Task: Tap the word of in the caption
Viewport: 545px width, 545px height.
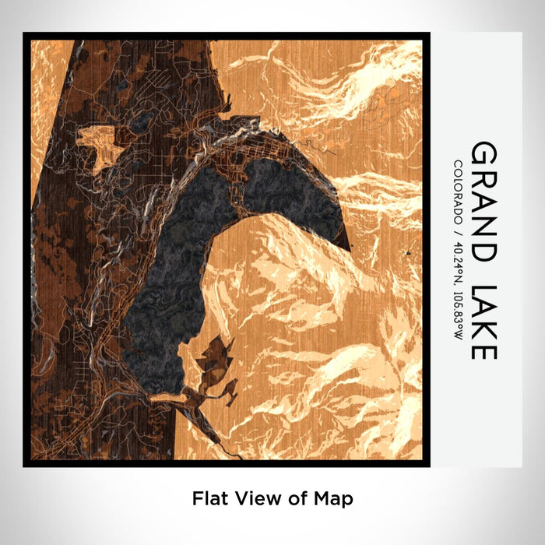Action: click(x=294, y=496)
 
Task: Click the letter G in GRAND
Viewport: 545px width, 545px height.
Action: click(x=483, y=153)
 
